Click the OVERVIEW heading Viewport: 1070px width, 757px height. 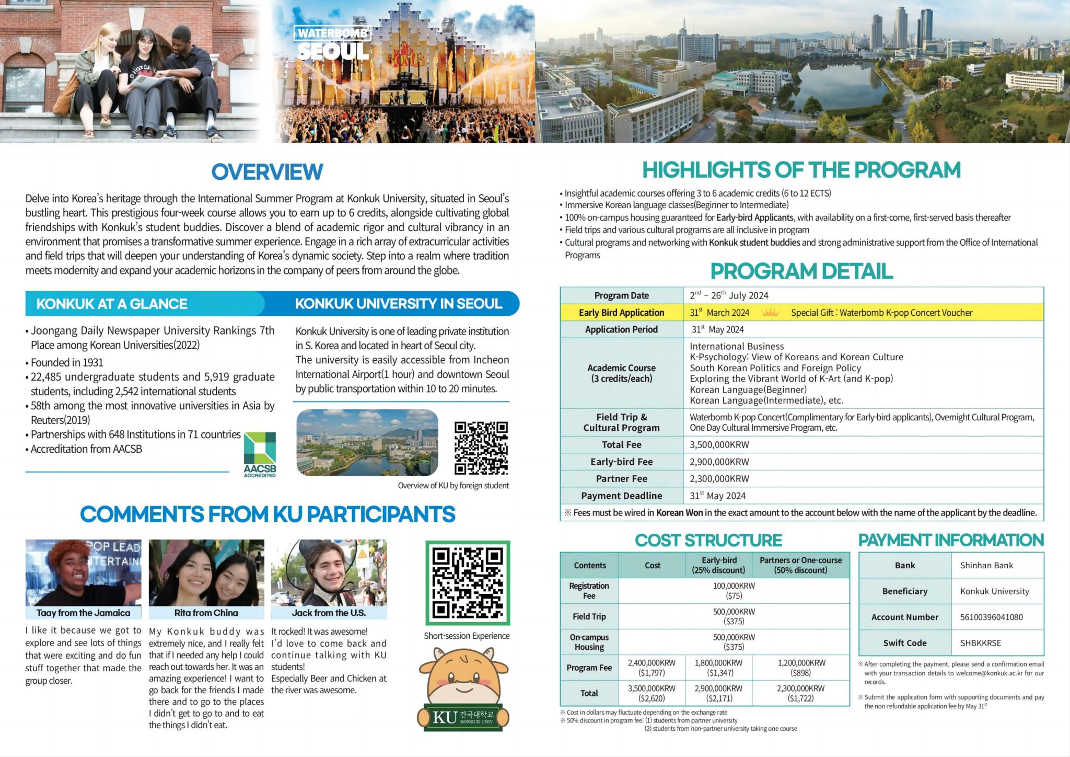point(267,172)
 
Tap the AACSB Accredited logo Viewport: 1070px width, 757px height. point(260,454)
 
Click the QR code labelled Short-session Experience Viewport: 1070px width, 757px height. point(468,583)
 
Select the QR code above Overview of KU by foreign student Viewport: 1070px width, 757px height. point(481,448)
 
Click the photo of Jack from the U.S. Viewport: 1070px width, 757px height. point(329,573)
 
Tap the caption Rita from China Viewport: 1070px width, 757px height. point(206,613)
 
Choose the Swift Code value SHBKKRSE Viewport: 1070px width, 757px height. point(980,643)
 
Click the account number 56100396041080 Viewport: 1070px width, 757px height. point(991,617)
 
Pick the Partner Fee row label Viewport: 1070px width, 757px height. point(621,479)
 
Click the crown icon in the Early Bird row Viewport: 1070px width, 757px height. point(771,313)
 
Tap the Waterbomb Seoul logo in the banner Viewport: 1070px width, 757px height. point(333,43)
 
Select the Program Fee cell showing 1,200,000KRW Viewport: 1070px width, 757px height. point(801,668)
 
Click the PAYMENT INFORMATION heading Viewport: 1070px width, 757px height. point(951,540)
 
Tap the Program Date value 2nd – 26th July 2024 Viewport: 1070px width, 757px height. point(729,295)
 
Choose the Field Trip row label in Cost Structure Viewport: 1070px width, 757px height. point(589,616)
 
